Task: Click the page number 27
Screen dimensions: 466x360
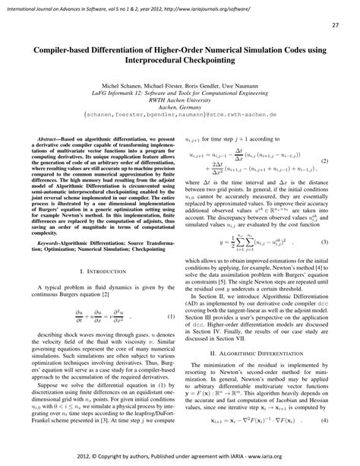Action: [335, 25]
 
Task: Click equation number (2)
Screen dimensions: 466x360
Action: [324, 182]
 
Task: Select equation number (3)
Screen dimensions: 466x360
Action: [324, 264]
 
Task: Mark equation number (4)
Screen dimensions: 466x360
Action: [324, 442]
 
